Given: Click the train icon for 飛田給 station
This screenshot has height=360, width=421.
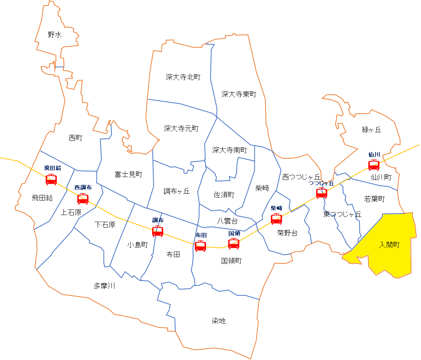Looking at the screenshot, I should click(51, 180).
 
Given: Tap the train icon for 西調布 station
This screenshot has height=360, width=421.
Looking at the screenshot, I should click(83, 199).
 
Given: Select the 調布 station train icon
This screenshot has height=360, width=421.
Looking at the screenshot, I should click(158, 231).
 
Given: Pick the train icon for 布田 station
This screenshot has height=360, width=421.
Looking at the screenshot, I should click(200, 246).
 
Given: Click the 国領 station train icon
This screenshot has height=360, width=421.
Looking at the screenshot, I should click(234, 243).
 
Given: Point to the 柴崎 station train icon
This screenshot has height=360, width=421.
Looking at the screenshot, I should click(276, 219).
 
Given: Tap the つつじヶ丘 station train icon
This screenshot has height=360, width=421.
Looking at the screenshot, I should click(322, 193).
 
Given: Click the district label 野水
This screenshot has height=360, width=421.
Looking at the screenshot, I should click(55, 35).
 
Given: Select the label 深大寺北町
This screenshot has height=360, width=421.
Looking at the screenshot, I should click(183, 77).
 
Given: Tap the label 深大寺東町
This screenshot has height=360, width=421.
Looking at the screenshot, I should click(239, 94).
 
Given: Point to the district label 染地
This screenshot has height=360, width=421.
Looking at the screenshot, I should click(219, 321).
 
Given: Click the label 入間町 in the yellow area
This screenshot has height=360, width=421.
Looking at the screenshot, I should click(389, 245).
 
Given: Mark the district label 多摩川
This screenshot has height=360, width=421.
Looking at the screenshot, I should click(104, 286).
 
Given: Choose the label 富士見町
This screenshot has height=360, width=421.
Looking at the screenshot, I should click(129, 174).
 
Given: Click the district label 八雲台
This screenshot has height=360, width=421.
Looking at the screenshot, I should click(227, 221).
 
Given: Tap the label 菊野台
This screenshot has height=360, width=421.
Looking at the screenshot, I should click(287, 233).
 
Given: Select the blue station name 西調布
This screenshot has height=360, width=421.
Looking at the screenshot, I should click(83, 187).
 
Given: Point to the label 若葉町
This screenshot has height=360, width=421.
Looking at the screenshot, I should click(374, 199).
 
